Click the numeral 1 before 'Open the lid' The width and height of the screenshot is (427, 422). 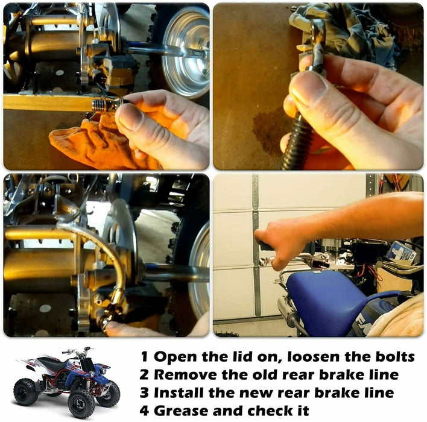(x=144, y=356)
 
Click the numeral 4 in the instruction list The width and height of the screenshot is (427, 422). (x=144, y=411)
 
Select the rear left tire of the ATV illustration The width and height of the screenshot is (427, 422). (x=26, y=391)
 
